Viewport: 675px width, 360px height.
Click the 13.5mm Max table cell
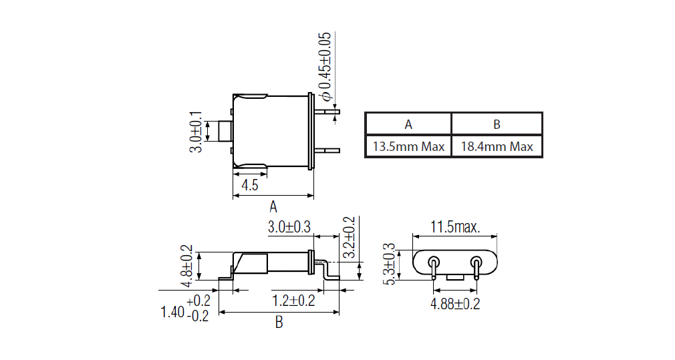coord(408,146)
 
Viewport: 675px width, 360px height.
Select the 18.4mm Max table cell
coord(497,146)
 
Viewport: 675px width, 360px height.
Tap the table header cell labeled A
coord(408,124)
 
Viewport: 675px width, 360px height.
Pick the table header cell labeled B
coord(497,124)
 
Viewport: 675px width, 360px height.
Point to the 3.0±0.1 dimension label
coord(195,132)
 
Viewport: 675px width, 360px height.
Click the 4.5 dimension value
coord(249,185)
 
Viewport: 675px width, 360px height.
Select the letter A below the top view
coord(273,206)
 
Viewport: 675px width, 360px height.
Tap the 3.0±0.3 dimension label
coord(289,227)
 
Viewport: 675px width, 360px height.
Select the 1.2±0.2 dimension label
coord(293,301)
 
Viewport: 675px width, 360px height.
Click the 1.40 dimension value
coord(173,311)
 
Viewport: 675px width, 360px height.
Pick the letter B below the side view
coord(279,323)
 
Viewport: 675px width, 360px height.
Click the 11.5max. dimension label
coord(454,227)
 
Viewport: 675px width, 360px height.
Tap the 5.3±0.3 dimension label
coord(388,264)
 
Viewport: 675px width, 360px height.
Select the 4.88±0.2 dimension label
coord(454,304)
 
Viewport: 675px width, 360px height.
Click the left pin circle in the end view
coord(434,261)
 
